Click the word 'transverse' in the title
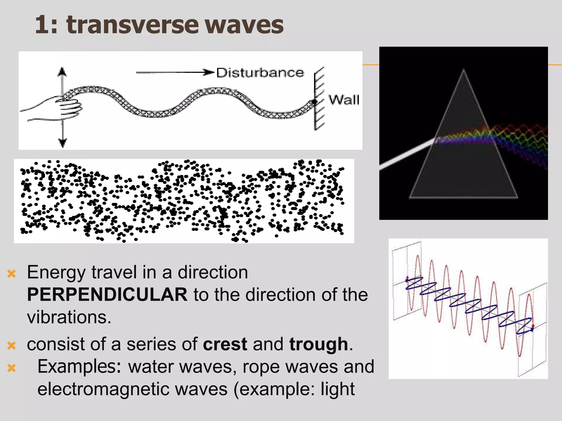click(132, 25)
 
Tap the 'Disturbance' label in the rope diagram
click(260, 73)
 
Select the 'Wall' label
click(344, 100)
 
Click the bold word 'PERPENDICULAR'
click(107, 295)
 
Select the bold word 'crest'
click(225, 344)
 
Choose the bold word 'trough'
click(318, 344)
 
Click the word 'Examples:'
click(79, 367)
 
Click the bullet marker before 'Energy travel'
click(12, 274)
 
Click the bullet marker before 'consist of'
click(12, 345)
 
